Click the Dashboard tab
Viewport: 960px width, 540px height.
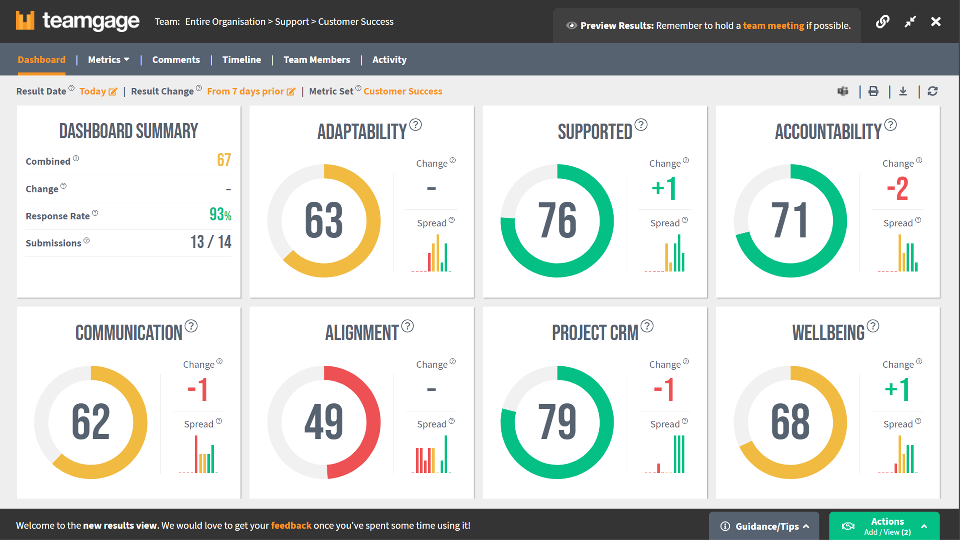coord(42,60)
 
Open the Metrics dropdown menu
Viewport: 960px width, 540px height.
coord(108,60)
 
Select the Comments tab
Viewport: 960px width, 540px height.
coord(176,60)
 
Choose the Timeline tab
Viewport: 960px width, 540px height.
coord(242,60)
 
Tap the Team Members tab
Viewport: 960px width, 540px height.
coord(317,60)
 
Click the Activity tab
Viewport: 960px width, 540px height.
coord(389,60)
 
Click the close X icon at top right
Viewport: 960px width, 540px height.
coord(936,22)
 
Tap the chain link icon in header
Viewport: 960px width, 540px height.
coord(883,22)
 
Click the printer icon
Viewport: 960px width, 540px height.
coord(873,91)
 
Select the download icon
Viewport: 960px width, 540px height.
coord(903,91)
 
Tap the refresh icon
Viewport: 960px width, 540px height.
coord(932,91)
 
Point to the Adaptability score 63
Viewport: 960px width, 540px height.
coord(324,220)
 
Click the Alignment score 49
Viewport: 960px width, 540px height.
coord(324,422)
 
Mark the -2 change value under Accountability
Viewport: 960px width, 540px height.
coord(897,189)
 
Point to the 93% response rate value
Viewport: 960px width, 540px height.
coord(220,215)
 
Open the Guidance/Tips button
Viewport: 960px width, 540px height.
coord(764,526)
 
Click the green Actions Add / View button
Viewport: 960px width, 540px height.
coord(884,526)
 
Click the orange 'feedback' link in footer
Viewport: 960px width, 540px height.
coord(291,525)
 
